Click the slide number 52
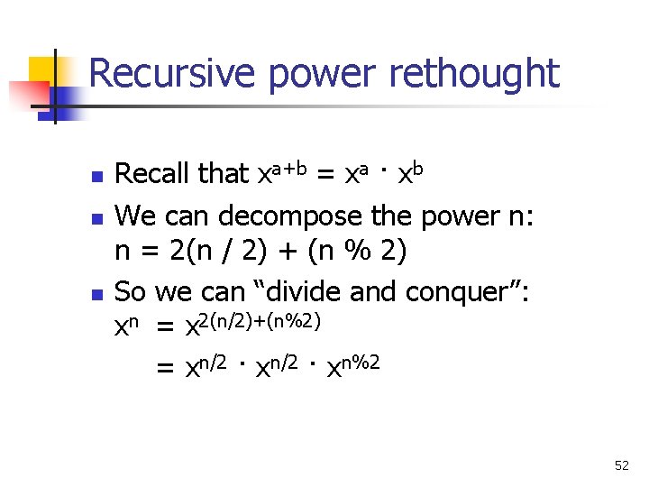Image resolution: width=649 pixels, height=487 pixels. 622,465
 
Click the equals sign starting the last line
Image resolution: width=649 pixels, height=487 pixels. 166,368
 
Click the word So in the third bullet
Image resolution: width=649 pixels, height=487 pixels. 132,291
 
